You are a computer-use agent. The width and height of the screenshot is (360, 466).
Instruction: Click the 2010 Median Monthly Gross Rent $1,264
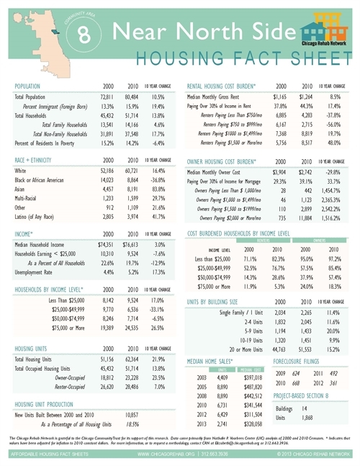pos(305,97)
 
